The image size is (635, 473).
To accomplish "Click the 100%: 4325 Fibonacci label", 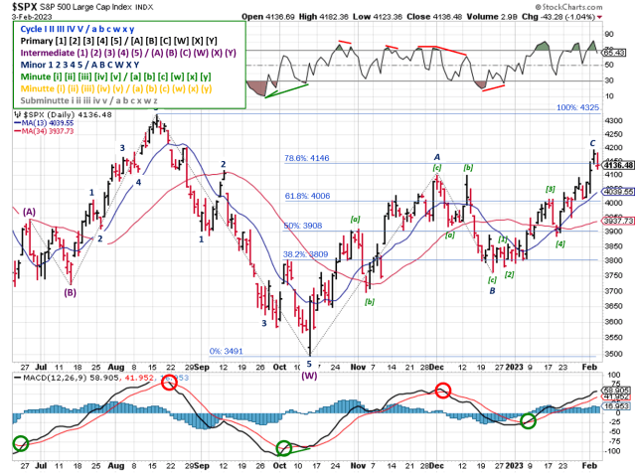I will click(x=576, y=106).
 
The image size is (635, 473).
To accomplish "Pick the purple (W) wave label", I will click(x=308, y=376).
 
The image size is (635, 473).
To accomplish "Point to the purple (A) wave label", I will click(x=30, y=211).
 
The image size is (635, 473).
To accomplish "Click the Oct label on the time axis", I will click(x=279, y=463).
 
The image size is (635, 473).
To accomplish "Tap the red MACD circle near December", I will click(x=441, y=388).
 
